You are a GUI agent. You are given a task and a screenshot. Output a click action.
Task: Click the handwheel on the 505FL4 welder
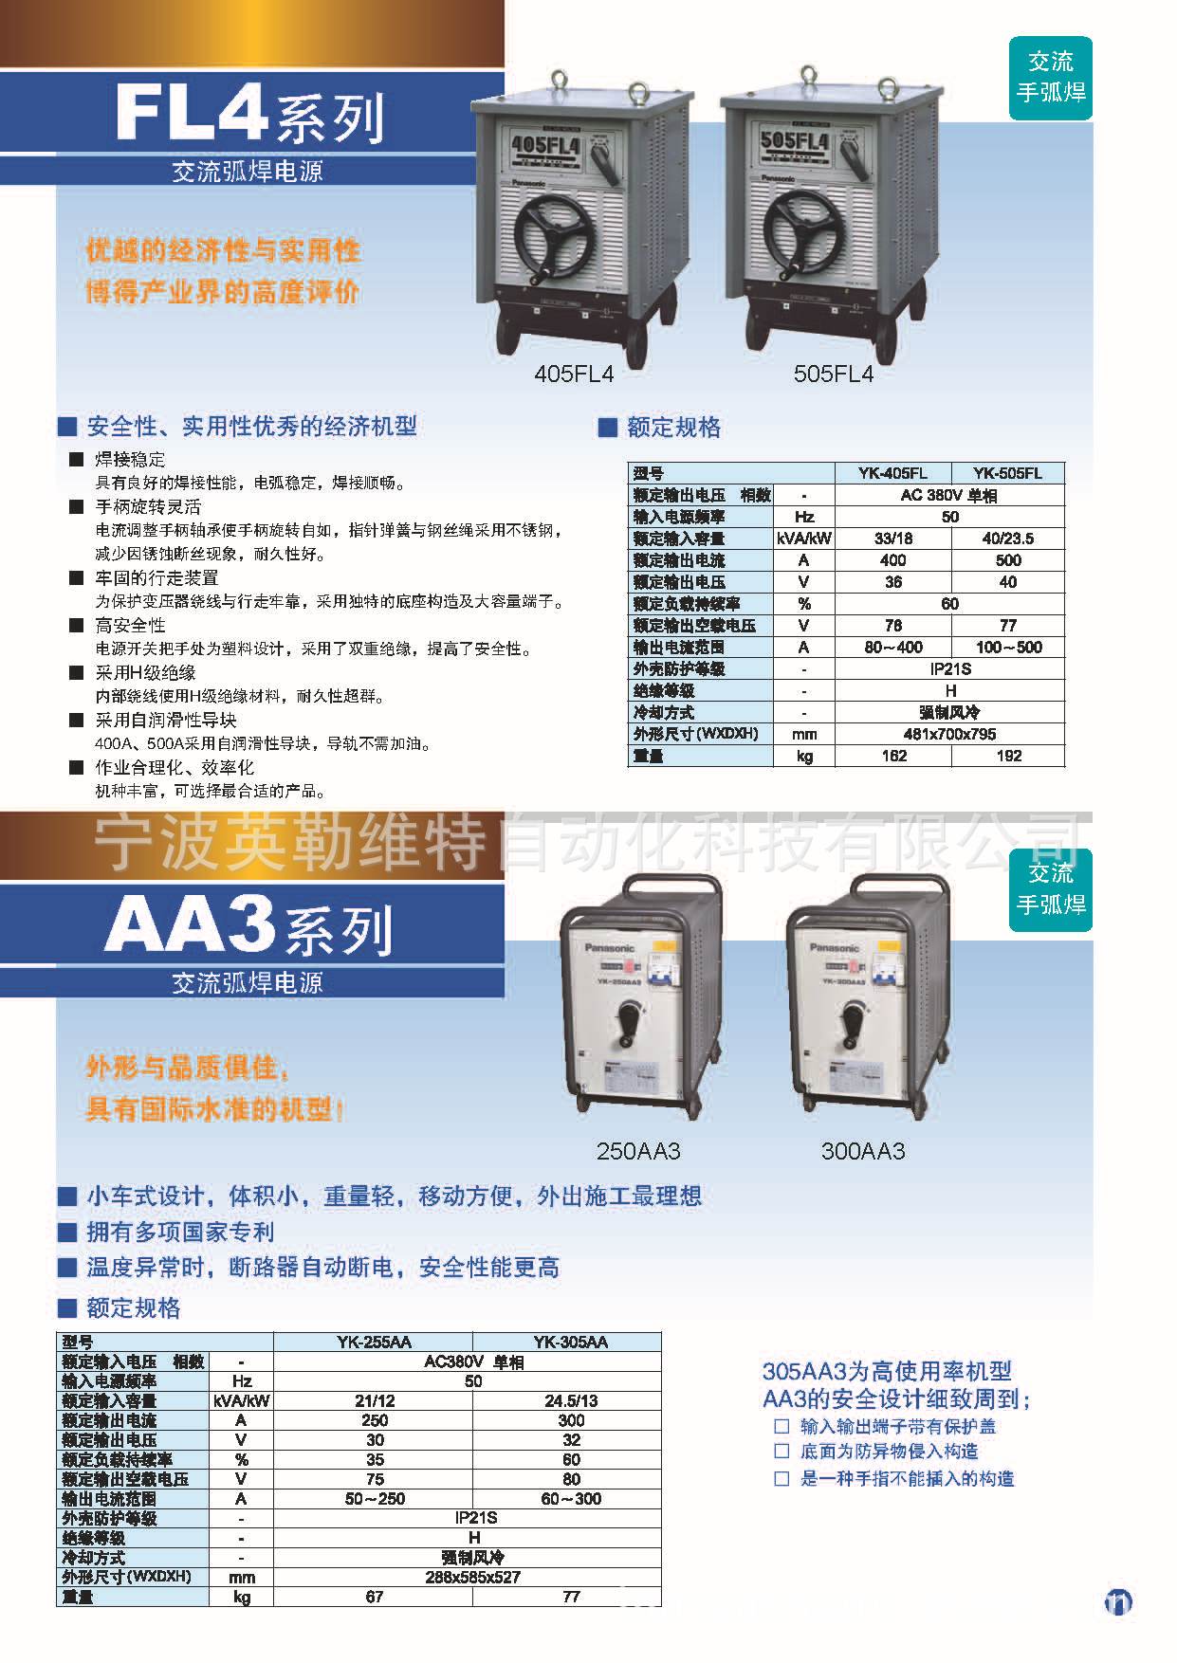(802, 241)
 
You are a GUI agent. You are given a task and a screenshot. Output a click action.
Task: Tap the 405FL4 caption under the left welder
(574, 375)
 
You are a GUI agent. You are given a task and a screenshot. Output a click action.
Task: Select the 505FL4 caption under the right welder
(834, 375)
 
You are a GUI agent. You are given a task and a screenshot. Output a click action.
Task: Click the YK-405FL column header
(892, 473)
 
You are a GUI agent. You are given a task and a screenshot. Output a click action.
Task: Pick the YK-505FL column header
(1007, 473)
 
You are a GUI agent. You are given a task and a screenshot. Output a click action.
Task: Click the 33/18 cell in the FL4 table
(892, 539)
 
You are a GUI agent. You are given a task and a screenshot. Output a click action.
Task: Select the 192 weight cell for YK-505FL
(1008, 756)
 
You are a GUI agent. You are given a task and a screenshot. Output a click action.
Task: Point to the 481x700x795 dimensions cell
(949, 734)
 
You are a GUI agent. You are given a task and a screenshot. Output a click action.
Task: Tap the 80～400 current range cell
(892, 648)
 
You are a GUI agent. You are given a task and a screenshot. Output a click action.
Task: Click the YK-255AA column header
(374, 1342)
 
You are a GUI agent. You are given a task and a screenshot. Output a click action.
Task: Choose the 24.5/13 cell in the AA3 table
(571, 1400)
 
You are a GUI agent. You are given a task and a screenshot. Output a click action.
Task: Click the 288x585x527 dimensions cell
(473, 1577)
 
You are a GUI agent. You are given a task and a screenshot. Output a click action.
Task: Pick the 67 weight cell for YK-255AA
(374, 1597)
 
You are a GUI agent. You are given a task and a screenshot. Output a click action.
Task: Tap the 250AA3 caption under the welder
(638, 1152)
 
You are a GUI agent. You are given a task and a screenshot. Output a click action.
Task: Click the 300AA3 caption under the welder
(863, 1152)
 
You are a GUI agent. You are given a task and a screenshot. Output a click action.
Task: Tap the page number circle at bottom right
(1118, 1602)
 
